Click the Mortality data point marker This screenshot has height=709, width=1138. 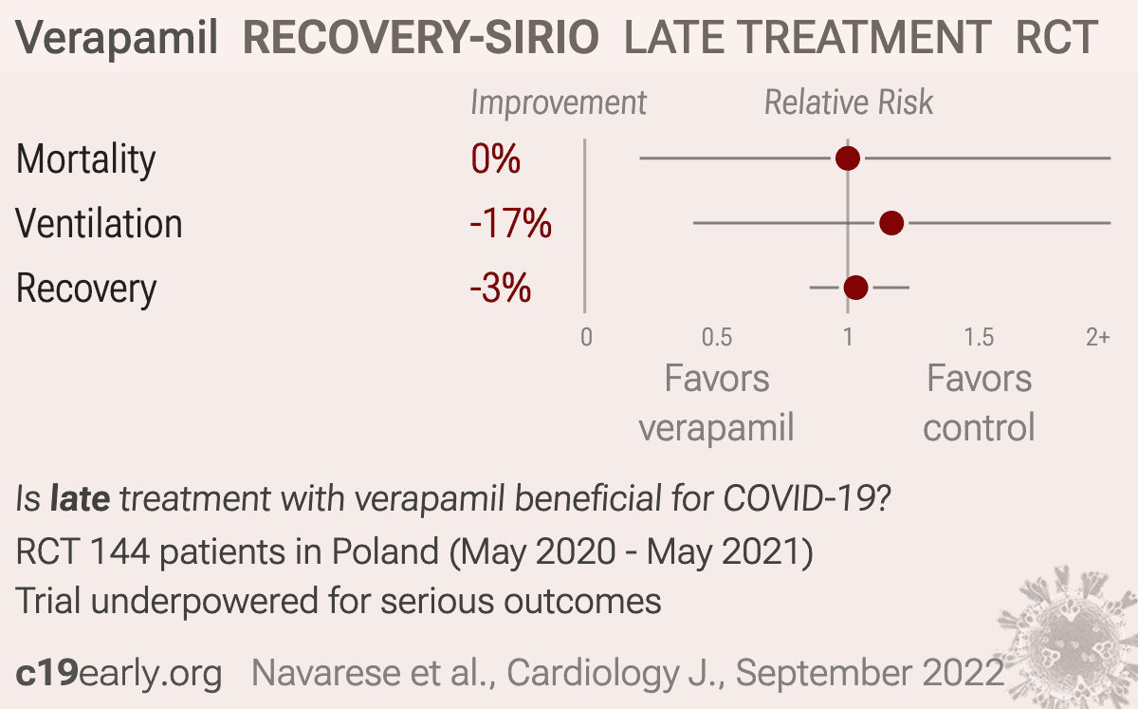tap(848, 159)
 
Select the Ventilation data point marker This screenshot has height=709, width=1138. tap(891, 223)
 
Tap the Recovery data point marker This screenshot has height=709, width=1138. tap(855, 288)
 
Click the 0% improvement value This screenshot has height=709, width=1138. tap(495, 159)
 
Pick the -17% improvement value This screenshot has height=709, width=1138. tap(510, 223)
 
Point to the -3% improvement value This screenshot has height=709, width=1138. tap(501, 288)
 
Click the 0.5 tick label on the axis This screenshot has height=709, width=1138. tap(717, 337)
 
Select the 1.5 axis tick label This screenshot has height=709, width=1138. tap(979, 337)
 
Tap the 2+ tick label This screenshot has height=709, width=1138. tap(1098, 337)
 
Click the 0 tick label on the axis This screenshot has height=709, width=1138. tap(586, 337)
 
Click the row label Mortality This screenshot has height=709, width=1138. tap(86, 160)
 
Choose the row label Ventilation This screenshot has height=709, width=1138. tap(99, 223)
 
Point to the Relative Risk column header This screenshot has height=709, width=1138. tap(849, 103)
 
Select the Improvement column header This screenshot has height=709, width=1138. tap(559, 103)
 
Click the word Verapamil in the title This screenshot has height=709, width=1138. tap(117, 38)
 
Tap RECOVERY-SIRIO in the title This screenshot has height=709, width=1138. tap(421, 37)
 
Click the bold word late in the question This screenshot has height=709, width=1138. tap(80, 498)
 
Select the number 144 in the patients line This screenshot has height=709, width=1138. tap(119, 551)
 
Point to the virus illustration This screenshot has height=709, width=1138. tap(1072, 639)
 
